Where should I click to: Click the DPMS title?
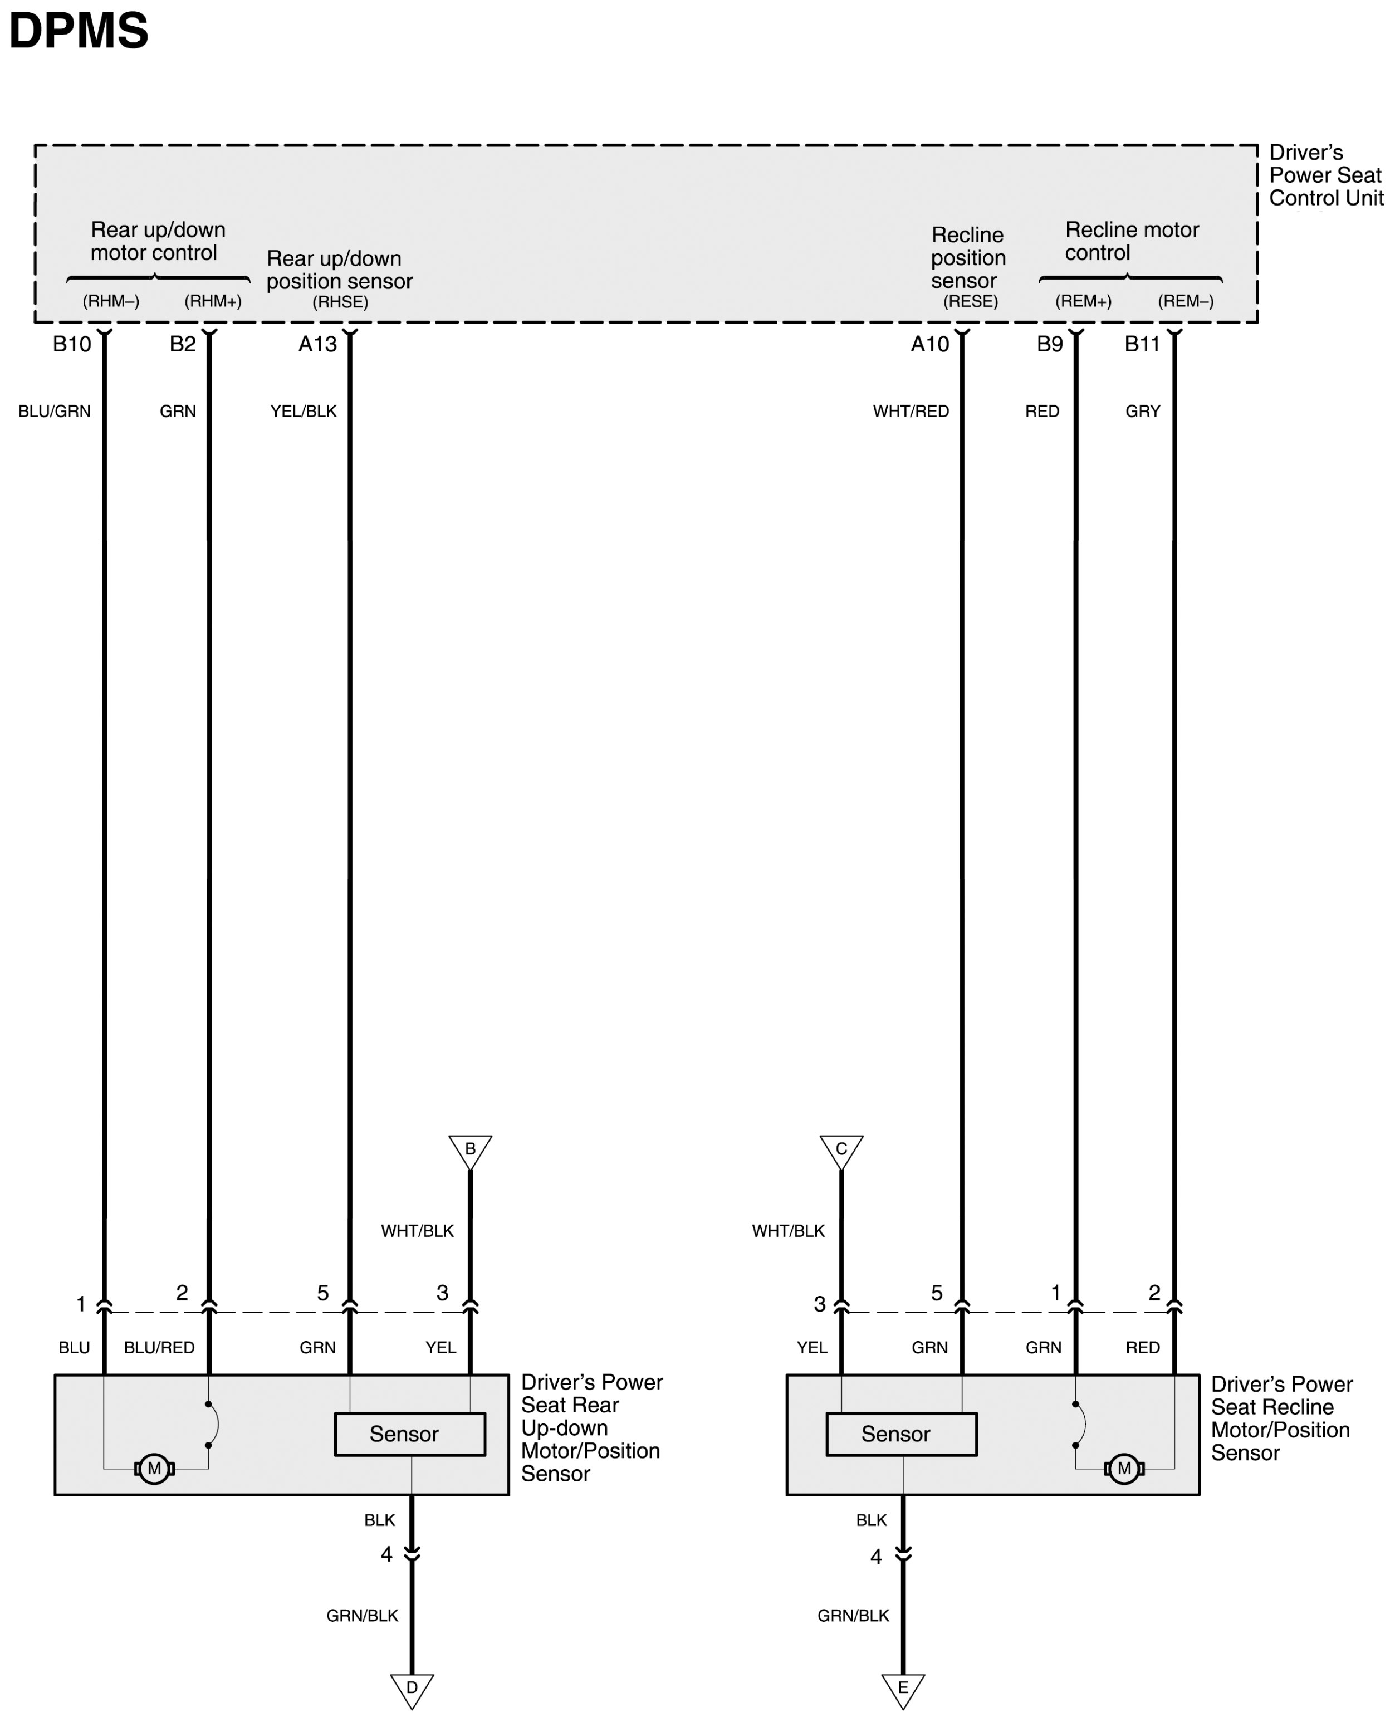(79, 31)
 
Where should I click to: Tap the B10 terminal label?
(71, 345)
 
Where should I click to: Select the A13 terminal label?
(317, 345)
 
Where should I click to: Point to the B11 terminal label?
(1142, 345)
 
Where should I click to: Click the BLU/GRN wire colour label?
(55, 412)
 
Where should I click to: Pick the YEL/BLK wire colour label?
(304, 412)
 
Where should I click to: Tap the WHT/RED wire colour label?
(911, 412)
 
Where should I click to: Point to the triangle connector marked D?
(412, 1688)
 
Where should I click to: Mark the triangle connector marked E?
(903, 1688)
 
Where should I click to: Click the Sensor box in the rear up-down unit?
(410, 1434)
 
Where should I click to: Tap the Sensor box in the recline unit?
(902, 1434)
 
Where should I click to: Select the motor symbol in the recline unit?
(1124, 1469)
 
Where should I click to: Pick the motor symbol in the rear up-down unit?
(154, 1469)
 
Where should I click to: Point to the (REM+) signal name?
(1083, 301)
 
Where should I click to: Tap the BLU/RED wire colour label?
(159, 1348)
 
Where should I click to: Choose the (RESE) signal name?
(971, 301)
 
